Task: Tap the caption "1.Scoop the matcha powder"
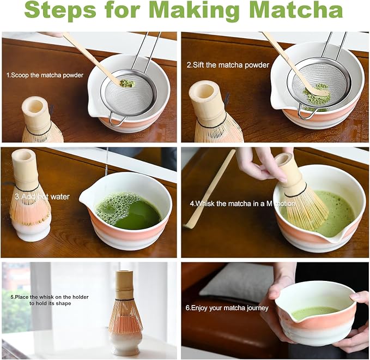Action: [45, 75]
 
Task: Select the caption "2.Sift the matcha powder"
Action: [228, 65]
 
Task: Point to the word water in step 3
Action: [60, 196]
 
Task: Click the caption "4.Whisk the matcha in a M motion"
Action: [242, 203]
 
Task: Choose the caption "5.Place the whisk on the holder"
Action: [50, 297]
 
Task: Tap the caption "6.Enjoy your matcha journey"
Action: [227, 308]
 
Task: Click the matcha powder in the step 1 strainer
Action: [127, 83]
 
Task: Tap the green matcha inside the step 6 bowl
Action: [315, 313]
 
